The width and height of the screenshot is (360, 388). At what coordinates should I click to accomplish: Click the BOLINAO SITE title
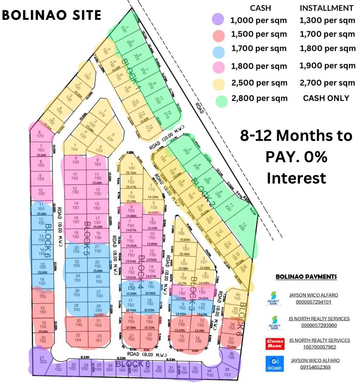click(51, 15)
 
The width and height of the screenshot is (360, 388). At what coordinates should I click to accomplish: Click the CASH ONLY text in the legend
click(326, 98)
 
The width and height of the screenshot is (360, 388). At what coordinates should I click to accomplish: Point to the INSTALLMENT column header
click(327, 8)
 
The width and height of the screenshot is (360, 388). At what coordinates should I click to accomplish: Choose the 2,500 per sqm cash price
click(259, 83)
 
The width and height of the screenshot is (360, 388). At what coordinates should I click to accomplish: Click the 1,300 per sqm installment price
click(327, 20)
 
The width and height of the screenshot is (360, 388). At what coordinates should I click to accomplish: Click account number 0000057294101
click(314, 302)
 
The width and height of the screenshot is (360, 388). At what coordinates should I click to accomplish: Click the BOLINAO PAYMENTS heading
click(306, 277)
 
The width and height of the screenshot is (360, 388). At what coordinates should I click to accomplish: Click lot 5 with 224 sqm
click(112, 138)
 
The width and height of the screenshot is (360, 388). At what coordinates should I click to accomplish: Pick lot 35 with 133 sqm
click(227, 371)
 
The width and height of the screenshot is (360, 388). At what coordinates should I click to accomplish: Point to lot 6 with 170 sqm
click(40, 134)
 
